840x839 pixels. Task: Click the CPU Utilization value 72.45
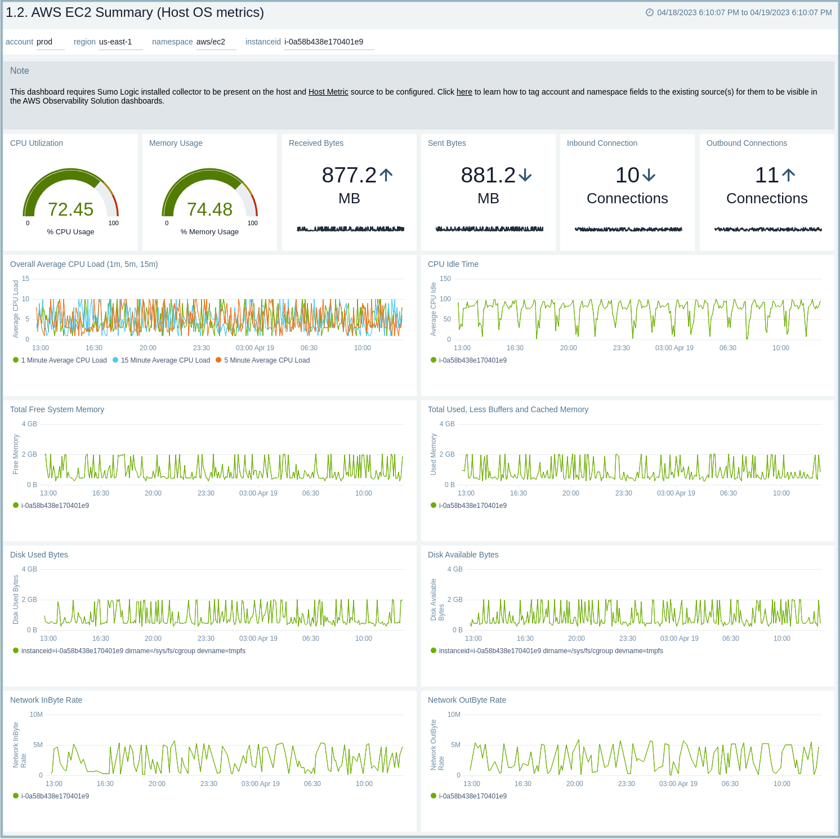tap(70, 209)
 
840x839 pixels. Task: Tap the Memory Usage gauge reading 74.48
tap(209, 209)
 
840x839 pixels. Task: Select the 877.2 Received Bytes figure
tap(348, 175)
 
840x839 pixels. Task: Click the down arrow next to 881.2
tap(525, 175)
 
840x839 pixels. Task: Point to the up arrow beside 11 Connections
tap(789, 175)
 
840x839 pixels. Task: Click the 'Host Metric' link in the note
tap(328, 92)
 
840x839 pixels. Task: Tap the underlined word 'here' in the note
tap(464, 92)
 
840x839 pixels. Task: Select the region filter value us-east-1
tap(115, 42)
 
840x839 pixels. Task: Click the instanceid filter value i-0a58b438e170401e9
tap(324, 42)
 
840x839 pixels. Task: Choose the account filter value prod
tap(44, 42)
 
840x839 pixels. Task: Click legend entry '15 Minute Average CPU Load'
tap(165, 360)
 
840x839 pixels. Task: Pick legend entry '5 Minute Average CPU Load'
tap(267, 360)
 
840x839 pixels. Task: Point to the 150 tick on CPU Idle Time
tap(445, 279)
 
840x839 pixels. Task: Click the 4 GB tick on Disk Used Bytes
tap(29, 569)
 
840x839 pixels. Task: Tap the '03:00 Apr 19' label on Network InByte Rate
tap(260, 784)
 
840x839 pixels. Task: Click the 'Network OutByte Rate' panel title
tap(467, 700)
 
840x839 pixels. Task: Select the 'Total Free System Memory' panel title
tap(57, 409)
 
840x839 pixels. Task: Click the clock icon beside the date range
tap(649, 12)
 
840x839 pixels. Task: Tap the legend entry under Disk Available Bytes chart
tap(551, 651)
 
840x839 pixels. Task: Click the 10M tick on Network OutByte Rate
tap(454, 715)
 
